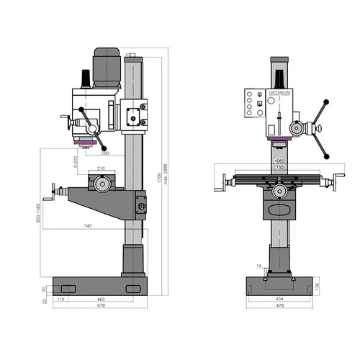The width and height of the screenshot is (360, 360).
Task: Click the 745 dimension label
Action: pos(87,227)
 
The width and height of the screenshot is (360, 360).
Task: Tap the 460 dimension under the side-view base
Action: pos(102,298)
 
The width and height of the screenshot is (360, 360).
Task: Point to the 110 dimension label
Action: pos(61,298)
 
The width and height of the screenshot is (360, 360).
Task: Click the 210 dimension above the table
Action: pos(102,169)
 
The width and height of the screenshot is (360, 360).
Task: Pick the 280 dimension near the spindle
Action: pos(105,153)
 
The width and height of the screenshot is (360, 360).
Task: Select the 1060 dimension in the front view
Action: pos(279,161)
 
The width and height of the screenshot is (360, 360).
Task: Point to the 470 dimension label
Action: pos(280,305)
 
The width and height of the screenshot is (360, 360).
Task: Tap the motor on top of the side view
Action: pos(107,66)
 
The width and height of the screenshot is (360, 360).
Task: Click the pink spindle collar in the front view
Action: pos(279,140)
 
